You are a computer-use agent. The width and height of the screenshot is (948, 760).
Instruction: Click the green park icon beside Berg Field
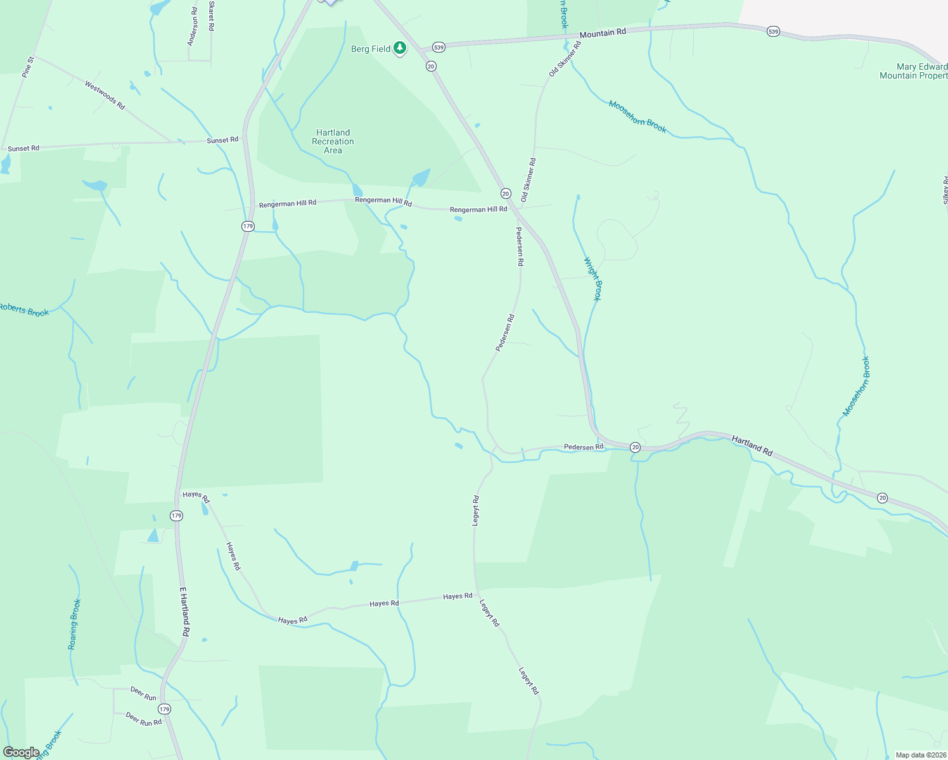point(400,47)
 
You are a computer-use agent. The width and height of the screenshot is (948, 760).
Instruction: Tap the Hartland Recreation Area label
point(333,142)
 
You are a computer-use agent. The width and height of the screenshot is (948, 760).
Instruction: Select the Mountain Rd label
point(603,32)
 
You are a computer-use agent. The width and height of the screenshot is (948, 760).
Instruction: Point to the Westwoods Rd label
point(105,95)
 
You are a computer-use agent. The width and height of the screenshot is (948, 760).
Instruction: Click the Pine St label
point(27,67)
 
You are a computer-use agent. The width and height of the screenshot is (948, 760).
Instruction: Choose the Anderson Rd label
point(193,26)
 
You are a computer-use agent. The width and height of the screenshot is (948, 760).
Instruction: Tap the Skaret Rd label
point(212,16)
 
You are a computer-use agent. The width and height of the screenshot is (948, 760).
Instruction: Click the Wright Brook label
point(592,279)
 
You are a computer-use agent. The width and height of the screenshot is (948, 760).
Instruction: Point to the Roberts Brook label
point(24,310)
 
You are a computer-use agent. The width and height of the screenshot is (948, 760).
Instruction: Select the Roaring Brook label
point(75,624)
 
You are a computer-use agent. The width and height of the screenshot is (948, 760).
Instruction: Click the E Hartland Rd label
point(184,612)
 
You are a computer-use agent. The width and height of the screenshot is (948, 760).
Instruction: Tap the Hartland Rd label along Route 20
point(752,445)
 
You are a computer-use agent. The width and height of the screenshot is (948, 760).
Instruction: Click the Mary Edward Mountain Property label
point(914,71)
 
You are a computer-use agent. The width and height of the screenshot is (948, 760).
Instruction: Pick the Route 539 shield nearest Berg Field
point(439,47)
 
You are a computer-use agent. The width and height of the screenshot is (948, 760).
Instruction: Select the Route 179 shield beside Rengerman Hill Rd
point(248,226)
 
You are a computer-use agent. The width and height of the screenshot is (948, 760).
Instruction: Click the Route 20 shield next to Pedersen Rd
point(635,447)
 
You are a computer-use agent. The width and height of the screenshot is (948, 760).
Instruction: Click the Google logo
point(22,752)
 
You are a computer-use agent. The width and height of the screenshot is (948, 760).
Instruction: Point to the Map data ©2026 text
point(920,755)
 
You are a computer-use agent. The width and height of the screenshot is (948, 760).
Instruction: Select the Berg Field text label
point(371,49)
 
